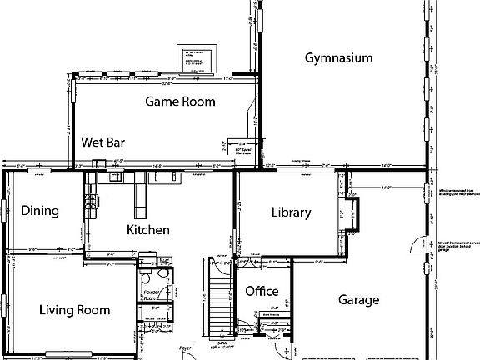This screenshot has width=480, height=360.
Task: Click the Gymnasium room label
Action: point(337,58)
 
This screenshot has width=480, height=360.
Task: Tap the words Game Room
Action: point(180,102)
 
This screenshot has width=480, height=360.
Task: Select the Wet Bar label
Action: point(103,142)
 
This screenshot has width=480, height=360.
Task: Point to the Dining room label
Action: point(40,211)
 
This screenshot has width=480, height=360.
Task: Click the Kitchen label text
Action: point(148,230)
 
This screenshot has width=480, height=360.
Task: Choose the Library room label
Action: point(291,212)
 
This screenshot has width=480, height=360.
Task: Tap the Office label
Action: point(261,292)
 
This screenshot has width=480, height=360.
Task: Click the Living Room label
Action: point(74,310)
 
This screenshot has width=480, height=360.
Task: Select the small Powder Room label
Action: point(150,296)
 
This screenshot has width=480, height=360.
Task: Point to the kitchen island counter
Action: point(140,197)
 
